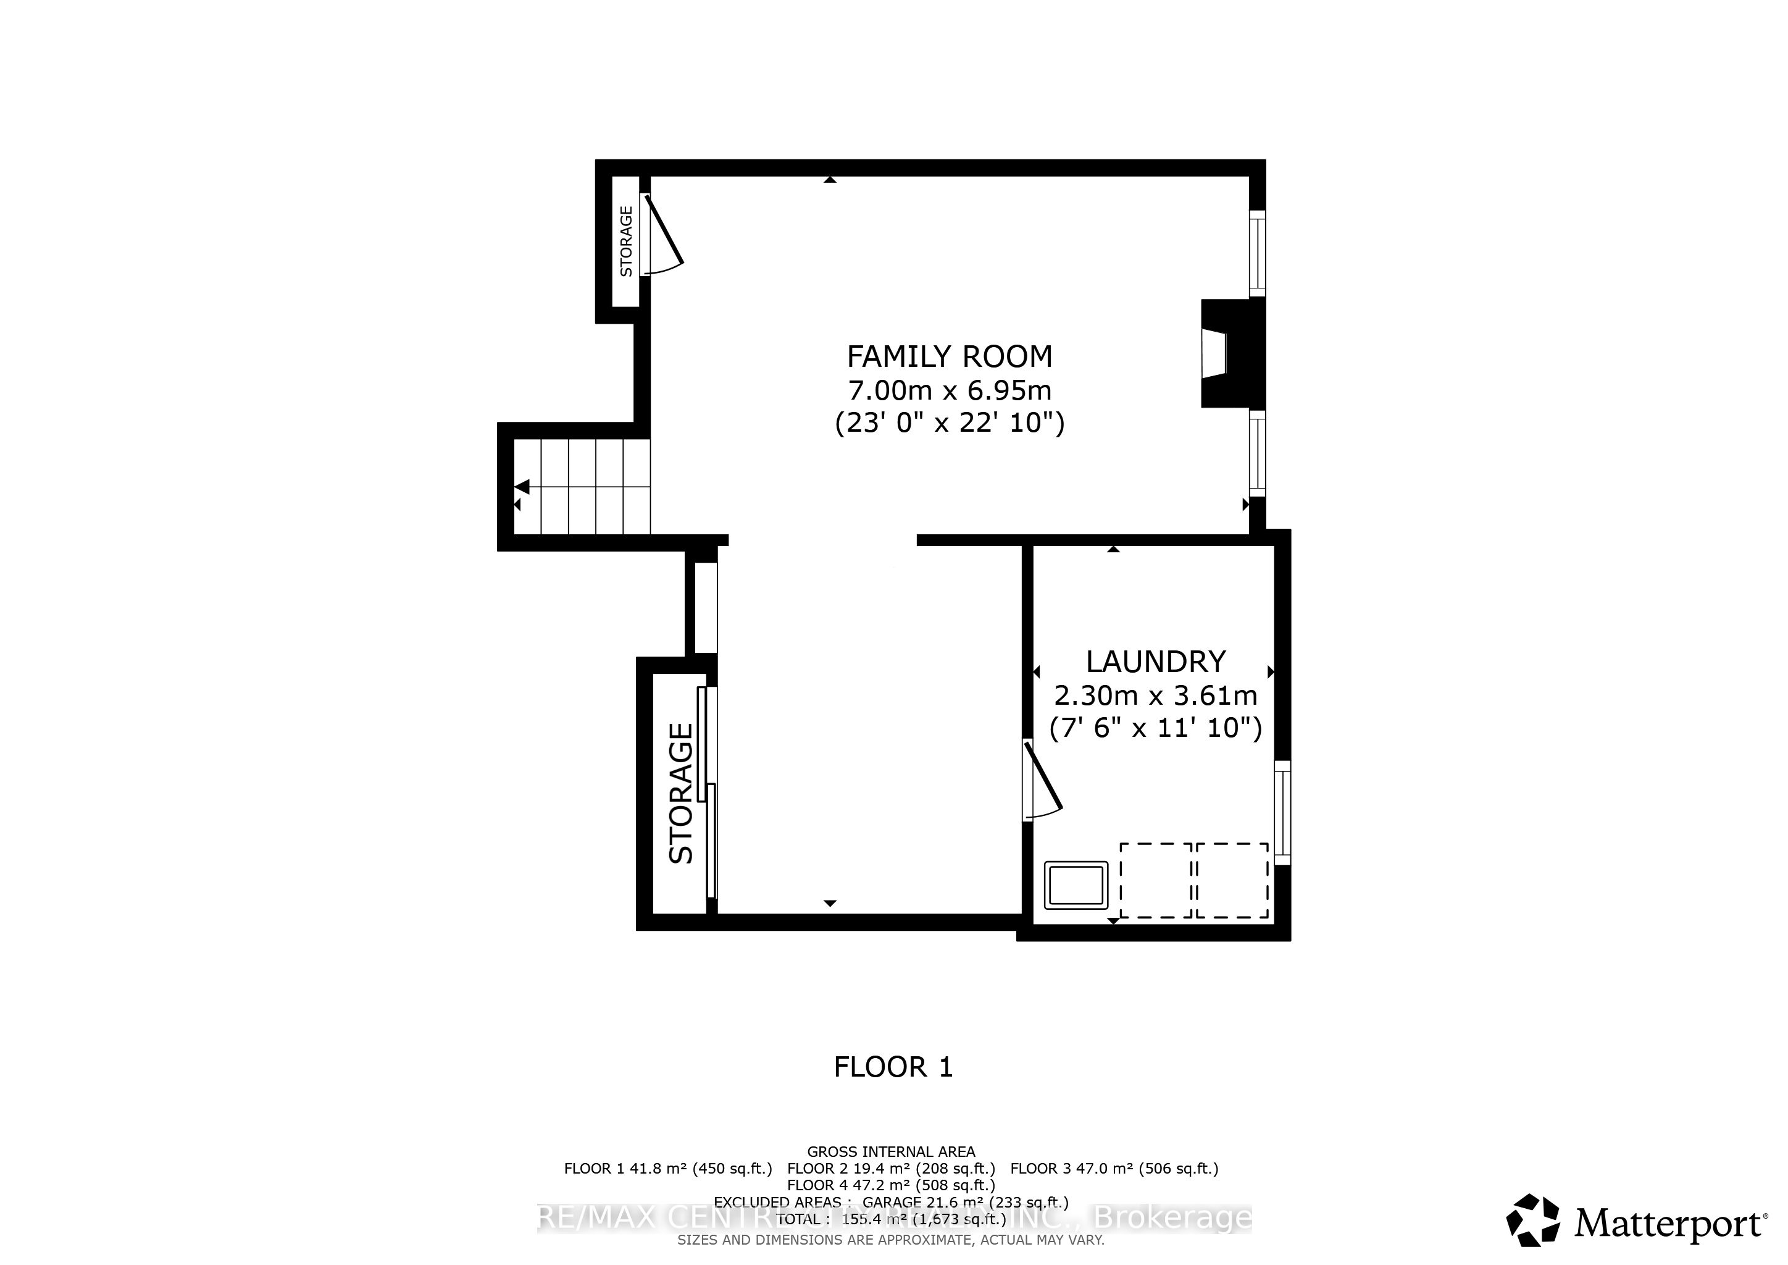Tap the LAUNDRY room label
pyautogui.click(x=1155, y=662)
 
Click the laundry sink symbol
pyautogui.click(x=1076, y=886)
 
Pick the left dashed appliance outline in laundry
pyautogui.click(x=1155, y=880)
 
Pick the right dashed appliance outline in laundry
pyautogui.click(x=1232, y=880)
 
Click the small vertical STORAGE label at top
pyautogui.click(x=626, y=241)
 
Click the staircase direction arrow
pyautogui.click(x=522, y=487)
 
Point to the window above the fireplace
pyautogui.click(x=1257, y=253)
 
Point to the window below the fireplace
pyautogui.click(x=1257, y=453)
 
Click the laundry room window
pyautogui.click(x=1282, y=812)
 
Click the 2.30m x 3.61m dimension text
pyautogui.click(x=1155, y=694)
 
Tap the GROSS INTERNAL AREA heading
pyautogui.click(x=890, y=1151)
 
